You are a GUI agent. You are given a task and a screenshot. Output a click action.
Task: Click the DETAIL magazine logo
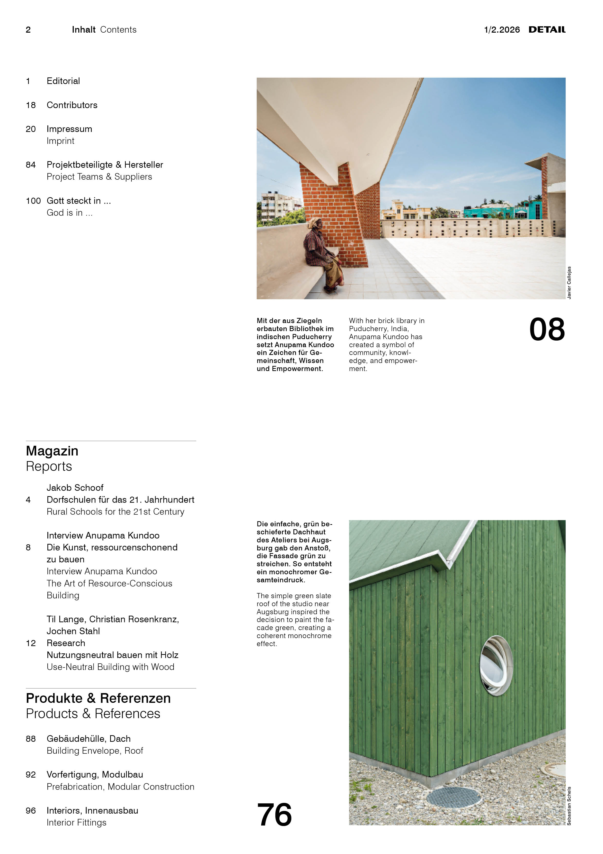point(547,30)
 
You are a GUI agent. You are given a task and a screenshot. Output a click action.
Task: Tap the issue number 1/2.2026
point(502,30)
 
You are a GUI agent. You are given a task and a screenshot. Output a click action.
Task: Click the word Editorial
point(63,81)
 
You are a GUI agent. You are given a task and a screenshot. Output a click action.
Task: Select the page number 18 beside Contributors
point(31,105)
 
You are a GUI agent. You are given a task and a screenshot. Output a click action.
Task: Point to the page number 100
point(33,201)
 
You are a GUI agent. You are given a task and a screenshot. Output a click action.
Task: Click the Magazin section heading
point(52,451)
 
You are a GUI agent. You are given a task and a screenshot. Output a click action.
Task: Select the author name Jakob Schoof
point(75,488)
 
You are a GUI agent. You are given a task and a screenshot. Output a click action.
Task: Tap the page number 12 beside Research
point(31,643)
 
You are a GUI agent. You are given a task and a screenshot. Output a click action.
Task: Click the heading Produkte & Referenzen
point(98,698)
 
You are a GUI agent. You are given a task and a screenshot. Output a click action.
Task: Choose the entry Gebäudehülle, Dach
point(89,739)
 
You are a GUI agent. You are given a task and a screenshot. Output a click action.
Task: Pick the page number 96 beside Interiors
point(31,810)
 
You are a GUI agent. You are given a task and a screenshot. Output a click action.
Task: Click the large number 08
point(547,330)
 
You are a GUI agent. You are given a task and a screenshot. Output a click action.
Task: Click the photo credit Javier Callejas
point(569,283)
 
